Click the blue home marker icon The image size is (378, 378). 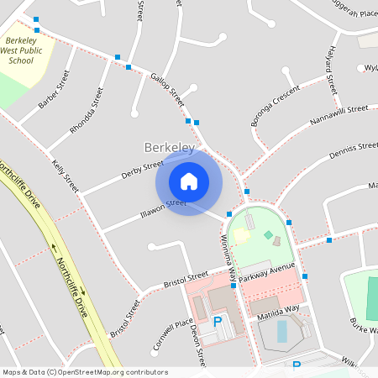[188, 181]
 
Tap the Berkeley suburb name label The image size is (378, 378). [170, 148]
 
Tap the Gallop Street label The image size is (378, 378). [168, 89]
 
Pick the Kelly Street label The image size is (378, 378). [65, 175]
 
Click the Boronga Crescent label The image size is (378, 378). [275, 107]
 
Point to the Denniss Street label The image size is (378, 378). [354, 150]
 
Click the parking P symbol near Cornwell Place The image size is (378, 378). [218, 322]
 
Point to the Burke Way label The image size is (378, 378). [363, 324]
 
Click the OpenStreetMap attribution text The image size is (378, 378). [86, 371]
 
